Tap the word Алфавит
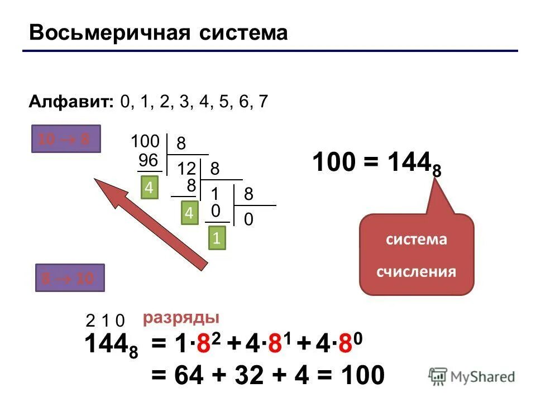(x=70, y=102)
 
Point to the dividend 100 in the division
(x=145, y=140)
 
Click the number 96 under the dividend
(x=149, y=161)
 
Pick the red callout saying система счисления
(x=417, y=255)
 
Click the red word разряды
(x=180, y=318)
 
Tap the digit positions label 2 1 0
(x=105, y=320)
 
